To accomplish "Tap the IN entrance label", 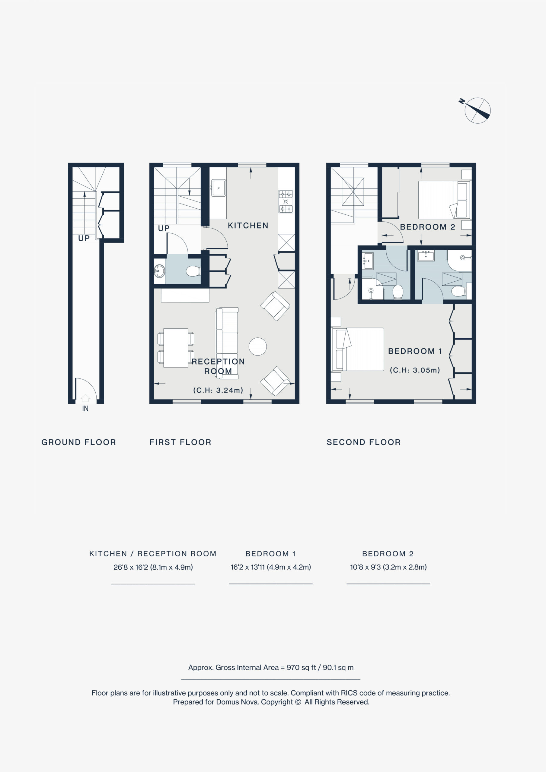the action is point(85,409).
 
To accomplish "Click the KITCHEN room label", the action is point(248,225).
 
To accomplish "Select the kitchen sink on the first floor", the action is point(219,188).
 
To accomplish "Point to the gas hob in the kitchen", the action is point(286,201).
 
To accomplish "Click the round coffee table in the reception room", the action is point(258,346).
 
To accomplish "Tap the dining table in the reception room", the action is point(176,348).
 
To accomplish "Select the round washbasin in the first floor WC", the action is point(160,271).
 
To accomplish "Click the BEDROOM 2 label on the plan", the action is point(427,227).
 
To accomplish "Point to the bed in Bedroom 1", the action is point(358,349).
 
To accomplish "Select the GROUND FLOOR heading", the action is point(79,442).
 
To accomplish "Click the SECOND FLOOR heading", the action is point(364,442).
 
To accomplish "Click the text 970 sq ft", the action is point(301,667).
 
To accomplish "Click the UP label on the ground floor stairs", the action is point(84,239).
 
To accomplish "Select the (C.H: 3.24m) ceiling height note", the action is point(218,390).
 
